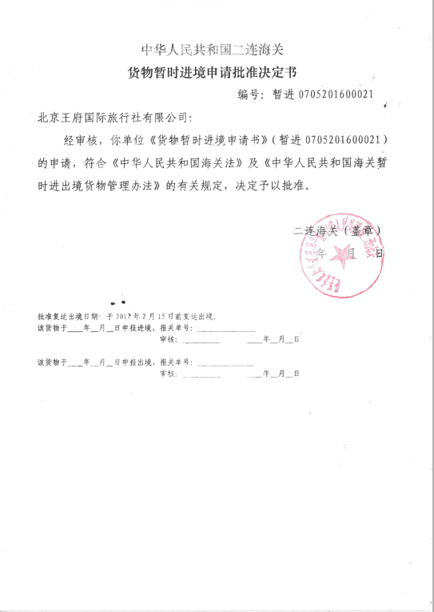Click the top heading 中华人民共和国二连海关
click(x=217, y=48)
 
